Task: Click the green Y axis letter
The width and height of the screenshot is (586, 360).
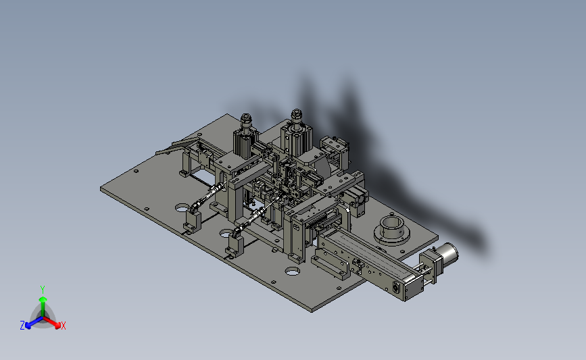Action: tap(43, 290)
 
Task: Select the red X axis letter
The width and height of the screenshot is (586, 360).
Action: tap(63, 326)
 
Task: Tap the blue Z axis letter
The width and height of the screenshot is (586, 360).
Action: tap(22, 326)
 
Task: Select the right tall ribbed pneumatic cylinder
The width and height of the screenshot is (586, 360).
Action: tap(296, 140)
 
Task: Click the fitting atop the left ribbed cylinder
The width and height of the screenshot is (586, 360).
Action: tap(246, 121)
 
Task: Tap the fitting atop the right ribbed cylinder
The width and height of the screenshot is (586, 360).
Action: tap(296, 116)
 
